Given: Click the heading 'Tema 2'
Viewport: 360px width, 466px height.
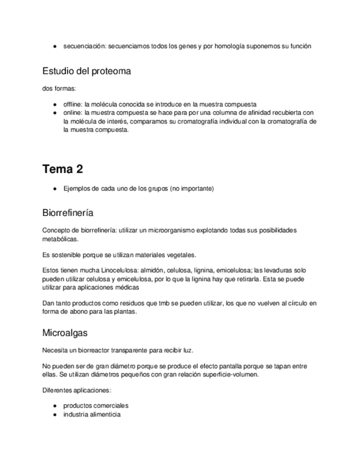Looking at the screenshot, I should (62, 169).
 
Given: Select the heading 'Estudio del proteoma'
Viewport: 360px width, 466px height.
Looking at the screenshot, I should (86, 71).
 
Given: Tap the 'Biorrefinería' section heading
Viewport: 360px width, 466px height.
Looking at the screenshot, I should (70, 212).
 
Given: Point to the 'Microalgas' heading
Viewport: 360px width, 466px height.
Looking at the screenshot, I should (64, 333).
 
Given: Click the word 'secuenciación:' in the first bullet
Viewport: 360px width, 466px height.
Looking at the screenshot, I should (85, 46).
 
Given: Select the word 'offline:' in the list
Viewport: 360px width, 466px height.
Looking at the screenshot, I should (73, 104).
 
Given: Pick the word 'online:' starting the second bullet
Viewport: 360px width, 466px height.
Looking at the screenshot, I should (72, 112).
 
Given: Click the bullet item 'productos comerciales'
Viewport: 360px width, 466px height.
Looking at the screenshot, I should (96, 406).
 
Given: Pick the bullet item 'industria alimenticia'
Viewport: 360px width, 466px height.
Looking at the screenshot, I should (92, 414).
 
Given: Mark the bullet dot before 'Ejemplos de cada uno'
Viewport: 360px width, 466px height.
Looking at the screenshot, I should (56, 188).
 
